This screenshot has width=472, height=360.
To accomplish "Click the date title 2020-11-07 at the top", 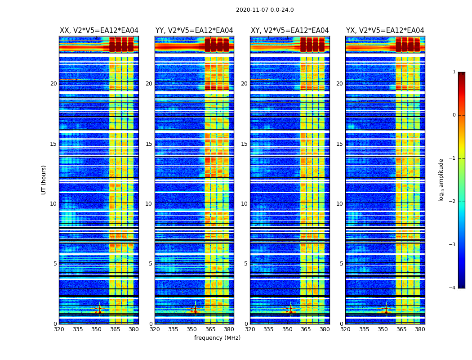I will pyautogui.click(x=264, y=10).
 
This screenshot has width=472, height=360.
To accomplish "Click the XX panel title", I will pyautogui.click(x=99, y=31).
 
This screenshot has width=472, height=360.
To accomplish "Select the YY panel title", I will pyautogui.click(x=194, y=31).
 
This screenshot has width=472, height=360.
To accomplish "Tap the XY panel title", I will pyautogui.click(x=289, y=31).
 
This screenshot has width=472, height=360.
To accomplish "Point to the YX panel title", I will pyautogui.click(x=385, y=31).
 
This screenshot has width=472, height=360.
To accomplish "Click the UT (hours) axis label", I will pyautogui.click(x=44, y=180).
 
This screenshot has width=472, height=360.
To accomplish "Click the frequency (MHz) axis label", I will pyautogui.click(x=217, y=338).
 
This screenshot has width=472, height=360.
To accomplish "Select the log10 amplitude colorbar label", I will pyautogui.click(x=441, y=180).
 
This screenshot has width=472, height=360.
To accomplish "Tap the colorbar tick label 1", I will pyautogui.click(x=454, y=72).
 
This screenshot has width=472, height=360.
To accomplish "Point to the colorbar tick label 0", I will pyautogui.click(x=454, y=115).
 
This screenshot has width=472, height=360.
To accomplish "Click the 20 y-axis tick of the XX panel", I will pyautogui.click(x=53, y=84).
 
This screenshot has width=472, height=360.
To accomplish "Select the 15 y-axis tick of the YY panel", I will pyautogui.click(x=149, y=144).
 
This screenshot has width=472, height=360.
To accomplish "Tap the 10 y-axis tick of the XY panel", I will pyautogui.click(x=244, y=204).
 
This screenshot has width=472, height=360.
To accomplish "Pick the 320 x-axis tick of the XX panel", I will pyautogui.click(x=59, y=329).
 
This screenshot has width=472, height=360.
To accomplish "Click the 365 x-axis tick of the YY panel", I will pyautogui.click(x=210, y=329).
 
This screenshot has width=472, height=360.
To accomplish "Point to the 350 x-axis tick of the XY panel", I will pyautogui.click(x=287, y=329).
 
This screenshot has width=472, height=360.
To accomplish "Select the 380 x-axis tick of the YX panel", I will pyautogui.click(x=420, y=329).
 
